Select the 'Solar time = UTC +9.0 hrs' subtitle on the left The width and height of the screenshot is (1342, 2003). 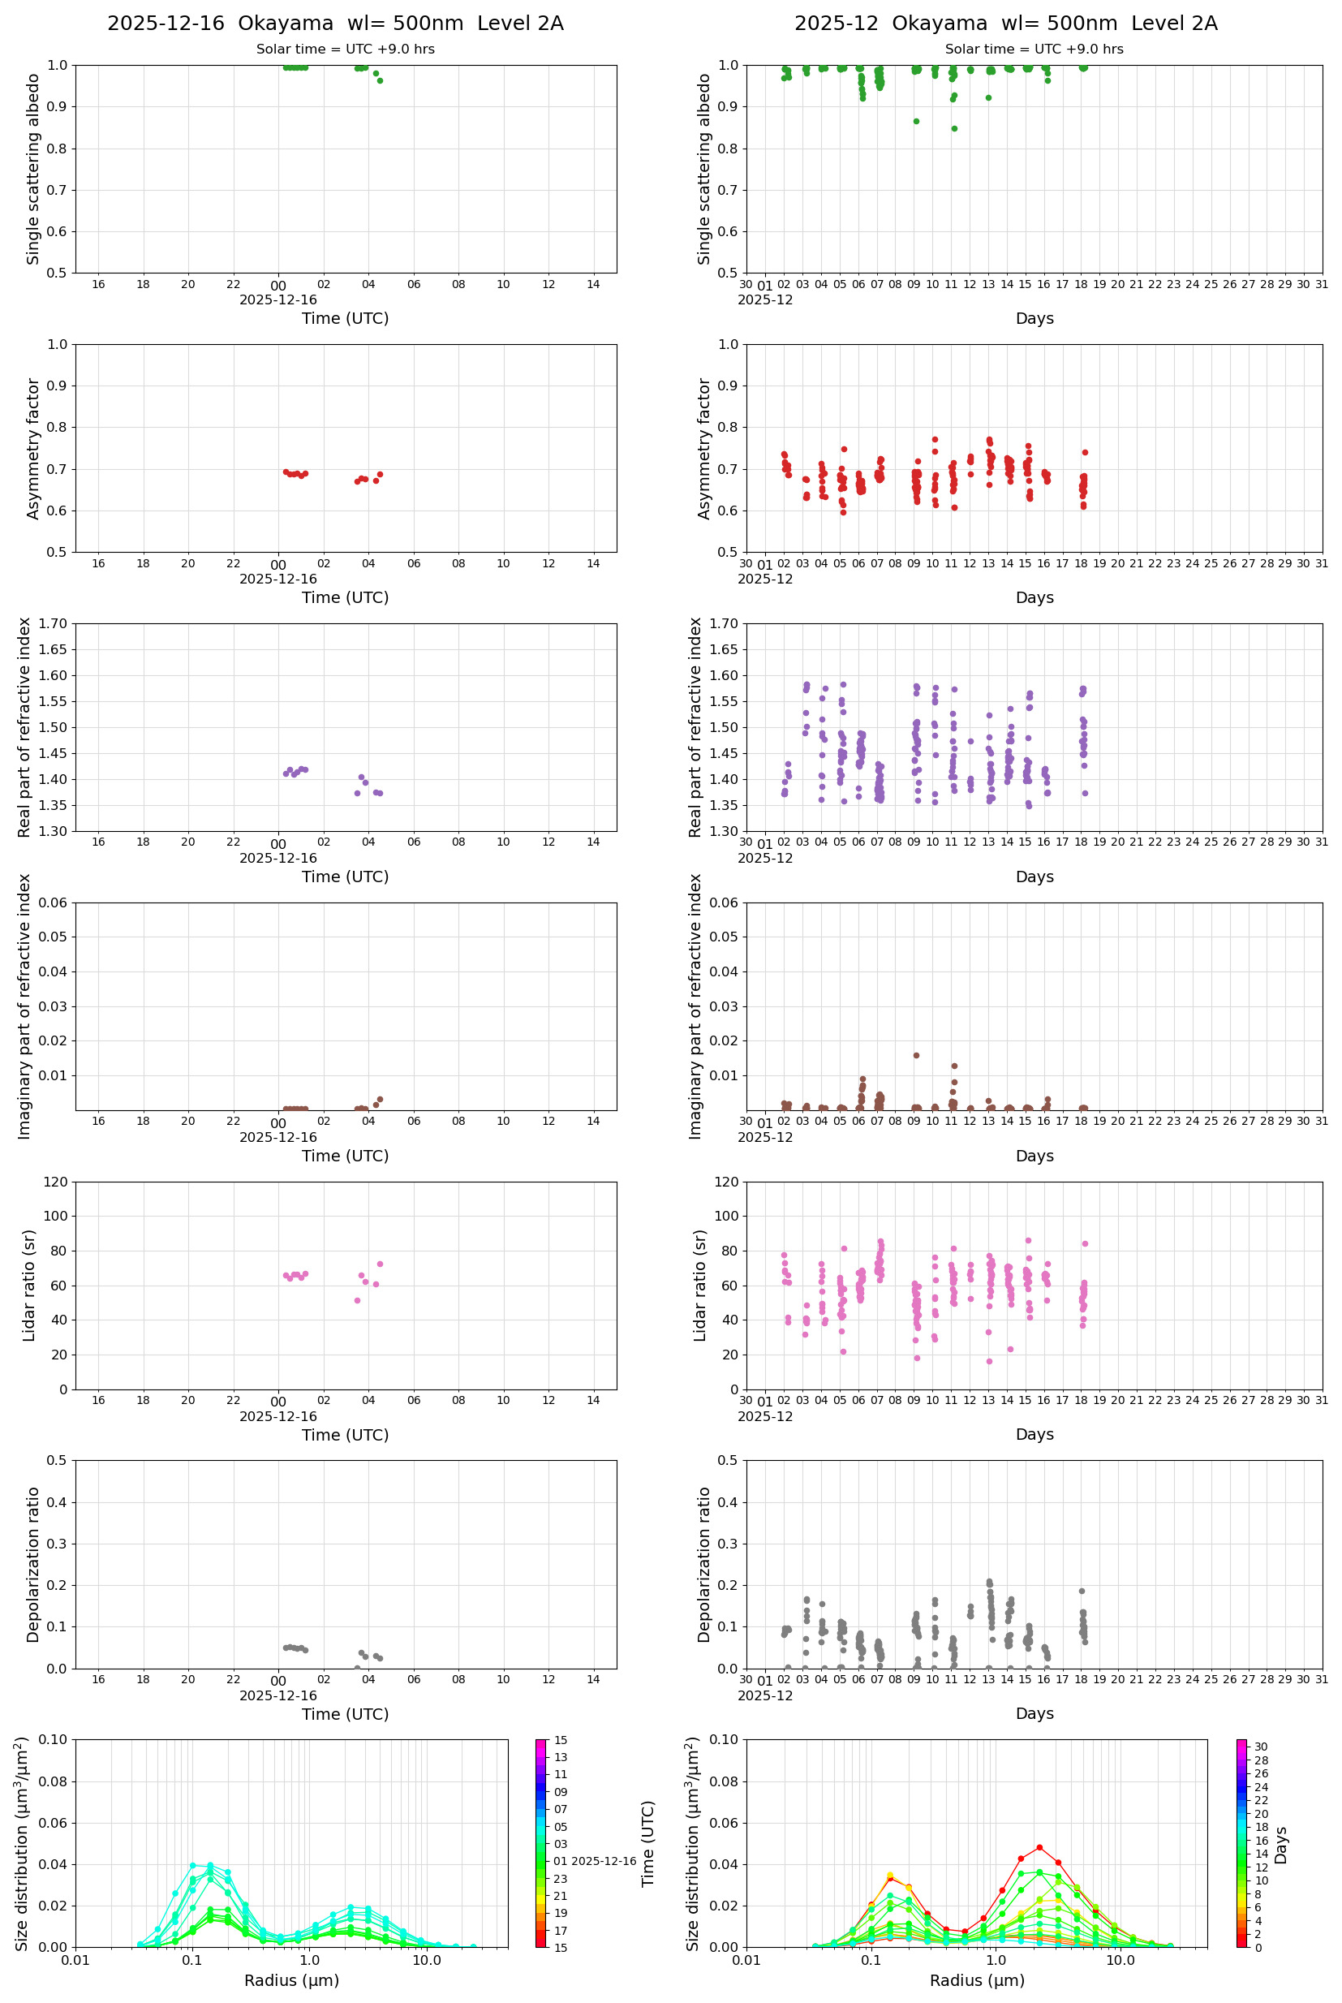345,50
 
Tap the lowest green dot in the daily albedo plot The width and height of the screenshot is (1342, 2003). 380,80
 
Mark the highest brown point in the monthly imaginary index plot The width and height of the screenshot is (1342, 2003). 916,1055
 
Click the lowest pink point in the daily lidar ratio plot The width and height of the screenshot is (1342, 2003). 357,1300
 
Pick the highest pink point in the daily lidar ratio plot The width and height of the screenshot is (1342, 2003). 380,1264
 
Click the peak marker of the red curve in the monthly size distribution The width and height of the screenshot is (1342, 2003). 1039,1847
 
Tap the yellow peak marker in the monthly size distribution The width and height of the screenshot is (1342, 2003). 890,1875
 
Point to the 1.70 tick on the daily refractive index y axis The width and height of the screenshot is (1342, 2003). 54,623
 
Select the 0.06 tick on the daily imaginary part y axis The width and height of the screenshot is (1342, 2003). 59,902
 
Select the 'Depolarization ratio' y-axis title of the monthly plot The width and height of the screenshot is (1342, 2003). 704,1564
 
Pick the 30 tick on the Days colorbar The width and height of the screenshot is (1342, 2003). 1261,1747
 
